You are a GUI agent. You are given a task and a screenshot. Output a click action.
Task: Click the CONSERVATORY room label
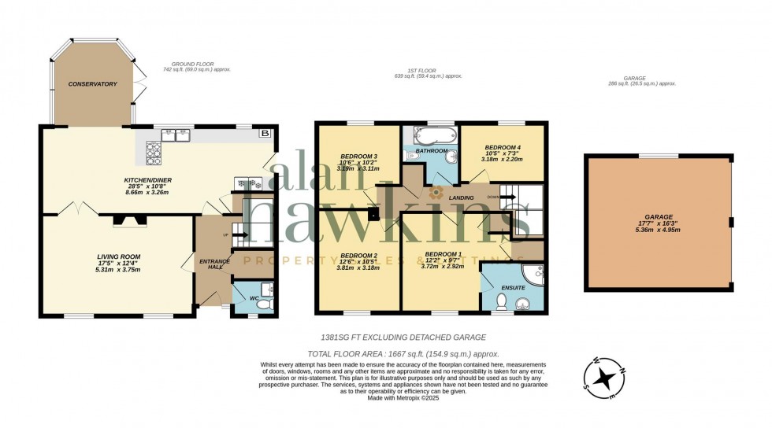[92, 84]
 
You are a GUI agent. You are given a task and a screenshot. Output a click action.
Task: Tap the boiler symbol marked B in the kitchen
[265, 134]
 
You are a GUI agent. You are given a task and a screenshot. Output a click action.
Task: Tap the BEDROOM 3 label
[358, 156]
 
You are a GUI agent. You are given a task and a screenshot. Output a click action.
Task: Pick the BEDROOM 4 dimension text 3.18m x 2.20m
[501, 160]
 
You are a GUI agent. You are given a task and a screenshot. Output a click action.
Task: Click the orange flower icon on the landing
[437, 192]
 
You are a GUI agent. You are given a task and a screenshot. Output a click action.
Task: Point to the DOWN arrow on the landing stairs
[494, 197]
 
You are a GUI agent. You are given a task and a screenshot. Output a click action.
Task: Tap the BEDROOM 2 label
[358, 255]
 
